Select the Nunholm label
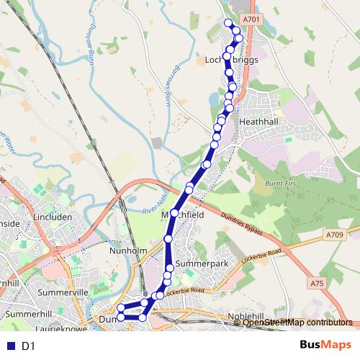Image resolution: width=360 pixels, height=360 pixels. [128, 251]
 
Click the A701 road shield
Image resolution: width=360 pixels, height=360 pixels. [250, 19]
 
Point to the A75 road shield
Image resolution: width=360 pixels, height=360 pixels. [317, 284]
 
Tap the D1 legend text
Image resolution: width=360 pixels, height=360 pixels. [29, 346]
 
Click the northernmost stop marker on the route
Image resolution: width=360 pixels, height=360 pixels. [228, 23]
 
